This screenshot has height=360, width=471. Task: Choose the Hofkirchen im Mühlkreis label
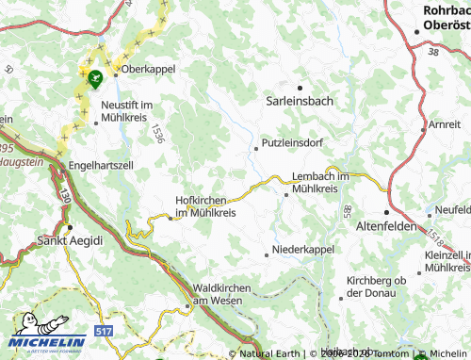pyautogui.click(x=205, y=206)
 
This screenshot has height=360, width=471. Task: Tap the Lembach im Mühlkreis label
pyautogui.click(x=327, y=183)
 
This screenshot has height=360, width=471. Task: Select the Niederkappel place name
pyautogui.click(x=303, y=251)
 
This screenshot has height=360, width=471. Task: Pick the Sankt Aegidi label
pyautogui.click(x=69, y=240)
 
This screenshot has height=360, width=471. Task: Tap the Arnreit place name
pyautogui.click(x=445, y=124)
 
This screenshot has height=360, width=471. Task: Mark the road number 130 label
pyautogui.click(x=64, y=195)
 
